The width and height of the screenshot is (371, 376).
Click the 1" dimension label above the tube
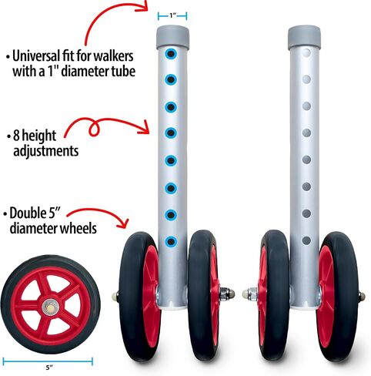point(172,15)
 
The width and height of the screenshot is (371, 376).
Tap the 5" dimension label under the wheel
point(49,368)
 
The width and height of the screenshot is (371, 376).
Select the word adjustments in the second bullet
point(46,151)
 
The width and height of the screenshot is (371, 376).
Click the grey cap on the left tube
point(172,37)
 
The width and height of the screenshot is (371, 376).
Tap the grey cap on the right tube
point(304,37)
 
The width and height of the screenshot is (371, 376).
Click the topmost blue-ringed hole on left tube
point(171,54)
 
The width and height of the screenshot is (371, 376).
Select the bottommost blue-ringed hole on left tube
point(171,241)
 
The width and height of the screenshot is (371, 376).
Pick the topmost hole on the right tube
point(306,53)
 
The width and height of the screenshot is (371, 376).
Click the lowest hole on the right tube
point(306,240)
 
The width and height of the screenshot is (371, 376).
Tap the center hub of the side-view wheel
point(51,307)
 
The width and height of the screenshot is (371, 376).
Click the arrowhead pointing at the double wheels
point(123,223)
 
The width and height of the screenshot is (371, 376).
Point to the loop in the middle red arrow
point(94,129)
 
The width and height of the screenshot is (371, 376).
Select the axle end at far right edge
point(362,297)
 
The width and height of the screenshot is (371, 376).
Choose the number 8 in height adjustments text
point(16,136)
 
